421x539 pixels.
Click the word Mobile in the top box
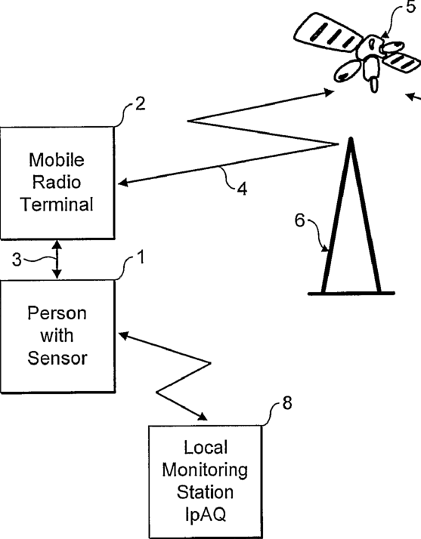click(57, 160)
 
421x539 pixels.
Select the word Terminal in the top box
click(57, 204)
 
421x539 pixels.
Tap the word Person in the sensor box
click(57, 313)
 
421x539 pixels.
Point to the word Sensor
click(57, 358)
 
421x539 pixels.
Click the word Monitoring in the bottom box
click(205, 470)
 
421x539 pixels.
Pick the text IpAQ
click(206, 515)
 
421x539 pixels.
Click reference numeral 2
click(140, 104)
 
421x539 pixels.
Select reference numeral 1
click(141, 257)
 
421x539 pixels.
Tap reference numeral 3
click(16, 260)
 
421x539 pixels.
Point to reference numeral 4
click(242, 189)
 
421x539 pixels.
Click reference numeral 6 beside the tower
click(300, 220)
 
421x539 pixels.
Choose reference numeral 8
click(287, 403)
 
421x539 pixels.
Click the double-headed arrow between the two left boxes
click(57, 260)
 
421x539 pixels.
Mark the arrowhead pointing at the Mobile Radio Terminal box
click(123, 182)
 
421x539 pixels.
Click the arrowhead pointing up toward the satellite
click(328, 92)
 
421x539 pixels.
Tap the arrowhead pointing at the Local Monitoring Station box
click(202, 417)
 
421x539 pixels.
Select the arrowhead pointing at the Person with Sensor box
click(124, 335)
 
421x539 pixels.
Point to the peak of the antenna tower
click(351, 139)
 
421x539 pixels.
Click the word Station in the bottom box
click(205, 492)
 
